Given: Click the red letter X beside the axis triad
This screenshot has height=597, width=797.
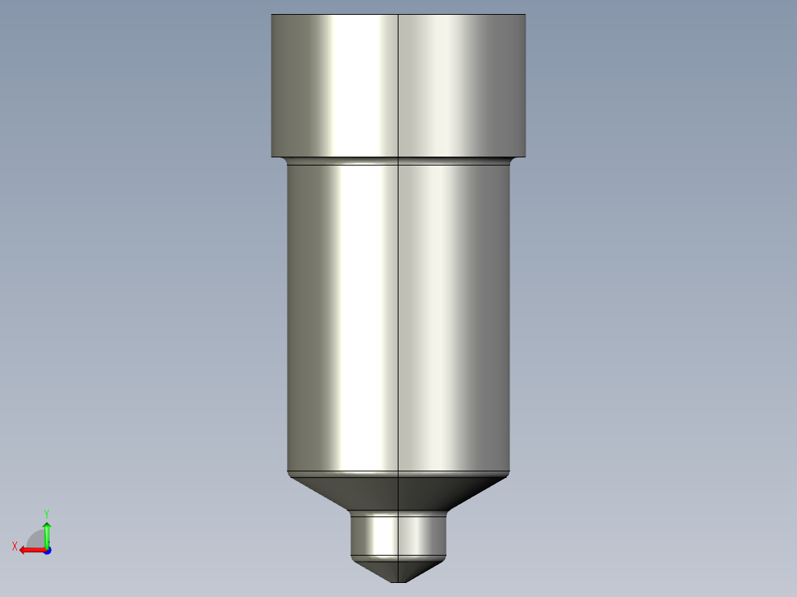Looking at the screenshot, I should click(x=15, y=546).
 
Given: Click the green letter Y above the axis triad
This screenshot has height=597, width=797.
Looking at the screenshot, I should click(x=47, y=512).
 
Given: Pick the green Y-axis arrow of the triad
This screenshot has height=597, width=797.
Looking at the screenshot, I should click(x=47, y=534).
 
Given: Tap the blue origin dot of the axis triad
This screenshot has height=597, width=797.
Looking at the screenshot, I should click(x=47, y=550).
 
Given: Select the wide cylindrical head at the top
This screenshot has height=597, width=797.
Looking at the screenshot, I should click(x=398, y=85).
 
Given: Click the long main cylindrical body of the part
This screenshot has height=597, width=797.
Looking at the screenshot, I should click(x=398, y=318).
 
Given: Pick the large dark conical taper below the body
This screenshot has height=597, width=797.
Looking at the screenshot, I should click(x=398, y=492).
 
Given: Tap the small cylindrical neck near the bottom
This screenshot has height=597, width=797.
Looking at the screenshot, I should click(x=398, y=533).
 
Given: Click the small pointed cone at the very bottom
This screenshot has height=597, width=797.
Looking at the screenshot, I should click(x=398, y=569).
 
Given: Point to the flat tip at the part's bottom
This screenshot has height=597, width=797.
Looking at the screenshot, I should click(x=398, y=581).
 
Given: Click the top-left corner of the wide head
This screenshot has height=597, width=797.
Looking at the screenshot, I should click(x=272, y=16).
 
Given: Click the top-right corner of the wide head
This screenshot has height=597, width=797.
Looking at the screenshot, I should click(x=525, y=16).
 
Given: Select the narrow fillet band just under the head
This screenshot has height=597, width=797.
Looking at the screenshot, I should click(x=398, y=160).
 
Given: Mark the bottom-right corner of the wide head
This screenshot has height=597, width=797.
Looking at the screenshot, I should click(x=525, y=156).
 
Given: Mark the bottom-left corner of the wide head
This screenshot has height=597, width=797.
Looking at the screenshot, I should click(x=272, y=156).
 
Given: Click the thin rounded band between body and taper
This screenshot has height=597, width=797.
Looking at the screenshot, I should click(x=398, y=474).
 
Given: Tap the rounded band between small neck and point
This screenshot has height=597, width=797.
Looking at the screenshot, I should click(x=398, y=556).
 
